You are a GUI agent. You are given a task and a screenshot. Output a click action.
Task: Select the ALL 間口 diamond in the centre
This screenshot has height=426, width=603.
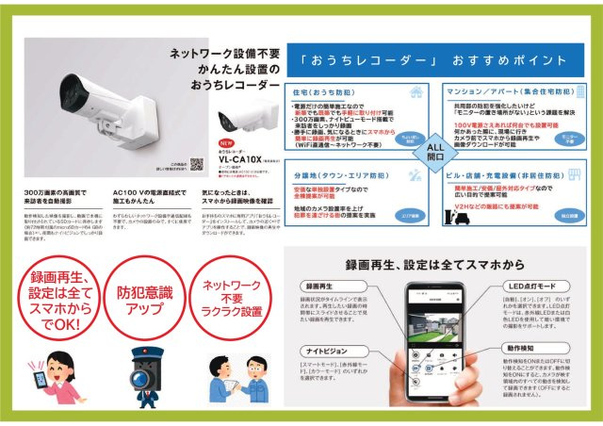point(435,153)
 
